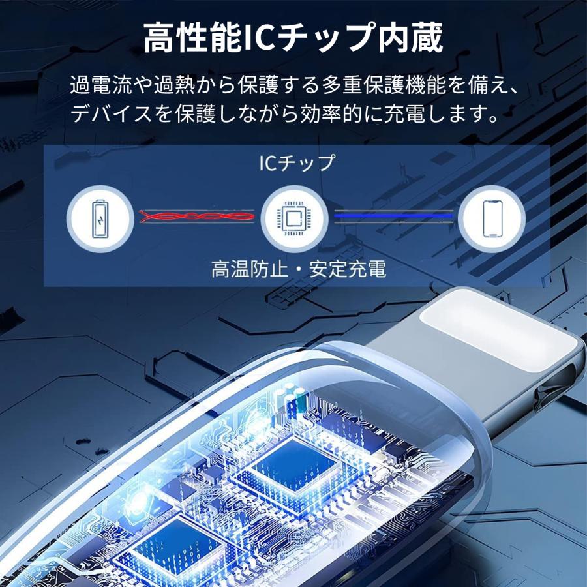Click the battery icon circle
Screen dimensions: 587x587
(98, 216)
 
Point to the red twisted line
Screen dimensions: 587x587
(196, 216)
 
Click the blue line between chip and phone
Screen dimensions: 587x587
(393, 216)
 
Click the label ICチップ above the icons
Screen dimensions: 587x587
(295, 162)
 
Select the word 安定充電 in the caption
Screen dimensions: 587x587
(349, 269)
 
